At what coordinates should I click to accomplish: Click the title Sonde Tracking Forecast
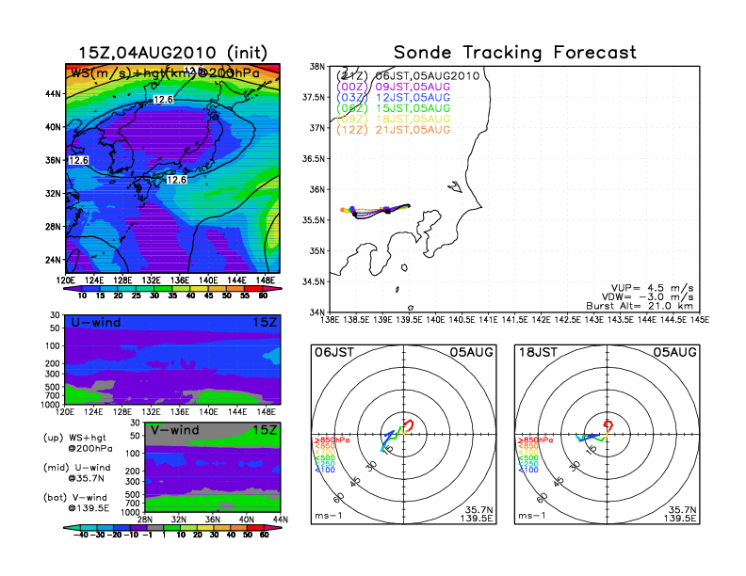pos(514,53)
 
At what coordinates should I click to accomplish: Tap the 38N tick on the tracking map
pos(317,67)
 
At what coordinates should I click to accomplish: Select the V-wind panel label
pos(173,430)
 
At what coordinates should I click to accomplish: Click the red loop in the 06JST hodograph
pos(408,425)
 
